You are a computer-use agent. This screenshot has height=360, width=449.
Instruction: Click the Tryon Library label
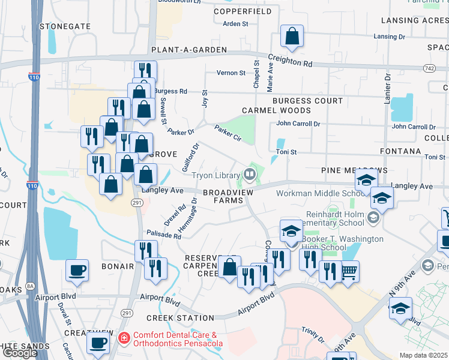(x=215, y=175)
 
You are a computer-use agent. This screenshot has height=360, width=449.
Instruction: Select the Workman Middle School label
(x=319, y=193)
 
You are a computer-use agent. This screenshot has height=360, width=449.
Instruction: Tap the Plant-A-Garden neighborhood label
(x=188, y=50)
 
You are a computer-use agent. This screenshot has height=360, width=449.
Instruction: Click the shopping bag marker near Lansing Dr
(x=291, y=36)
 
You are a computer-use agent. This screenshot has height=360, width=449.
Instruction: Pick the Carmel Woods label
(x=277, y=110)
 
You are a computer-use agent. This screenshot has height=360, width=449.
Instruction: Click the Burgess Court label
(x=307, y=101)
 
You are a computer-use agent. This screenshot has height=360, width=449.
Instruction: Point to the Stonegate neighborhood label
(x=65, y=26)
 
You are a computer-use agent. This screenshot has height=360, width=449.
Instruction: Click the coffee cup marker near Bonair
(x=77, y=271)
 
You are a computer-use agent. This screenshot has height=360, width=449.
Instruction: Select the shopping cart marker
(x=348, y=272)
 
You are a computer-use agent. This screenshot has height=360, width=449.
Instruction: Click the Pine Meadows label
(x=354, y=171)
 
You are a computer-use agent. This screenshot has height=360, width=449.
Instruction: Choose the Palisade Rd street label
(x=164, y=235)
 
